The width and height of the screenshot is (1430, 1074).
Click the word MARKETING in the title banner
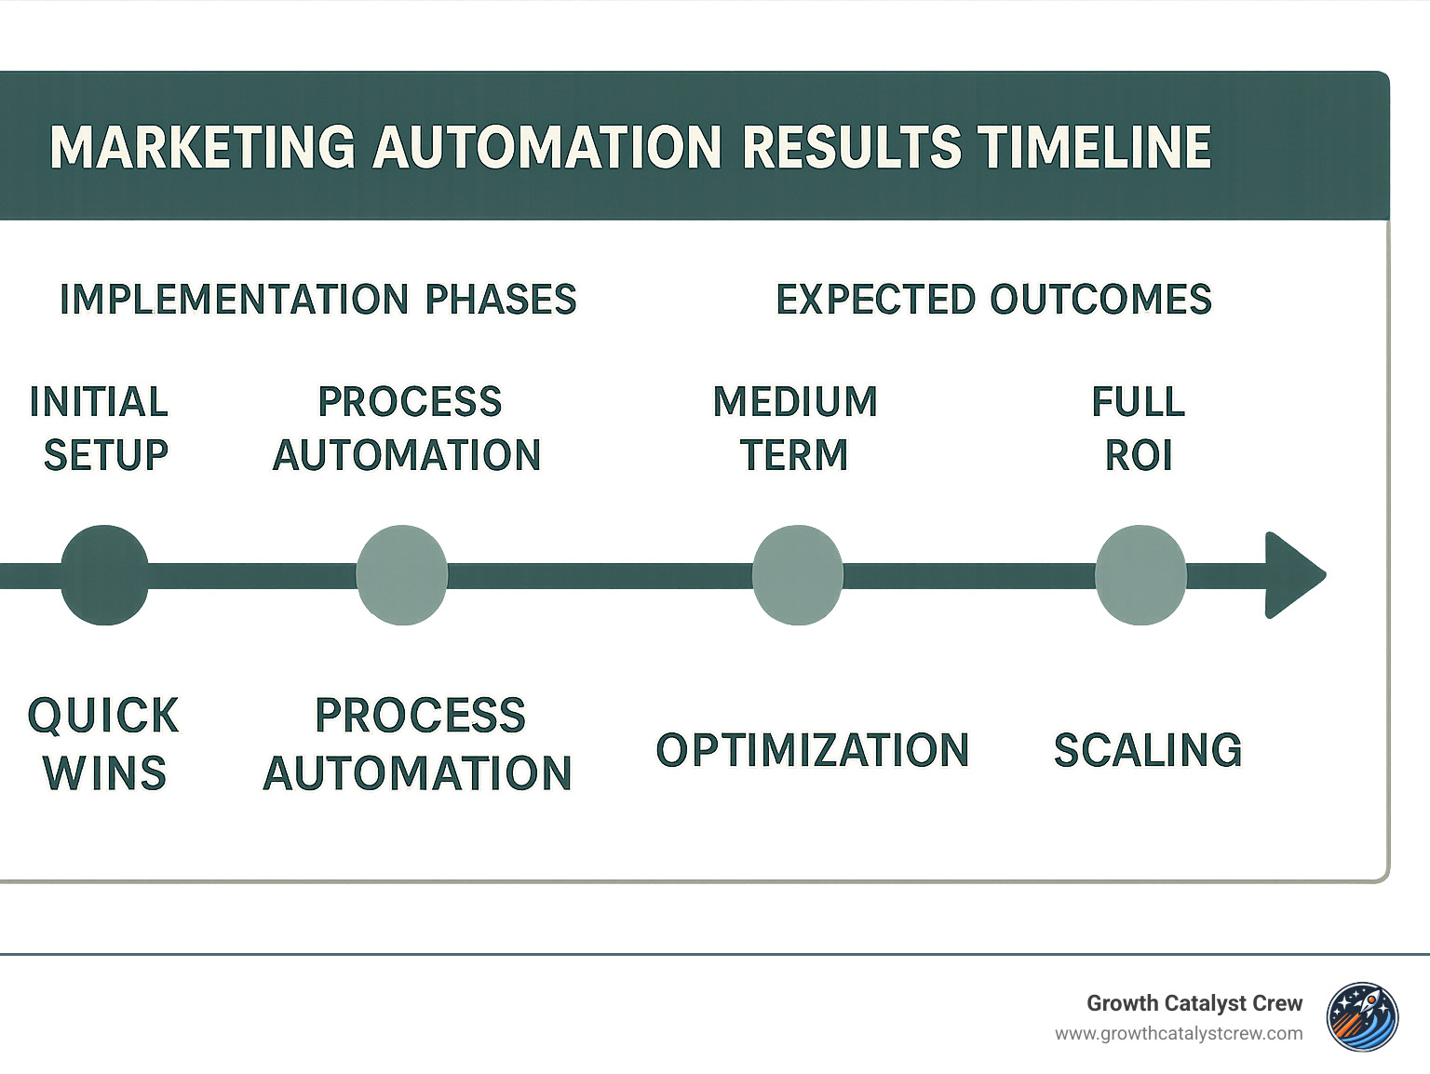[x=202, y=147]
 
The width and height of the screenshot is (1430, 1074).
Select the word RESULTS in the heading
[x=852, y=147]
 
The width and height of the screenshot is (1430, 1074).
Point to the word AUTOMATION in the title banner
[x=547, y=147]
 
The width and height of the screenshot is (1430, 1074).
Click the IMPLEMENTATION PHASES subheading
[x=317, y=300]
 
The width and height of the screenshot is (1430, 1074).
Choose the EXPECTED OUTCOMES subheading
[x=993, y=300]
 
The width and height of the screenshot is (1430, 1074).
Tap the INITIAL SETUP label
[x=101, y=428]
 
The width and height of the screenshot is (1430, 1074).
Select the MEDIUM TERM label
[x=795, y=428]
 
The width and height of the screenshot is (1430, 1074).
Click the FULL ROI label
[x=1139, y=428]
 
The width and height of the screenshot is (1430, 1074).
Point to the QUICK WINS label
[x=103, y=744]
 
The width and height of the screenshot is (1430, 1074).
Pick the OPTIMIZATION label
[x=813, y=750]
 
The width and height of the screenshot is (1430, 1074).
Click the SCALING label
[x=1148, y=750]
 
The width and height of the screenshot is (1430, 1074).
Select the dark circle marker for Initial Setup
[x=104, y=575]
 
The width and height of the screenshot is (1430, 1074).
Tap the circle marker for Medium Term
[x=797, y=575]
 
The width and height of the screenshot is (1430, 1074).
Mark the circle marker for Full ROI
[x=1140, y=575]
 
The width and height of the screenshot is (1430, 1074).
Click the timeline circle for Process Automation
[x=402, y=575]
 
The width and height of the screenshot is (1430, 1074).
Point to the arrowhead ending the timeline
[x=1292, y=575]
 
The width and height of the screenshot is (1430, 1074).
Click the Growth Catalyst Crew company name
[x=1194, y=1003]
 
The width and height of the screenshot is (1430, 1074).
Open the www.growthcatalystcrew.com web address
[x=1179, y=1034]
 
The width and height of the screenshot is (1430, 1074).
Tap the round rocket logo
[x=1363, y=1017]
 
